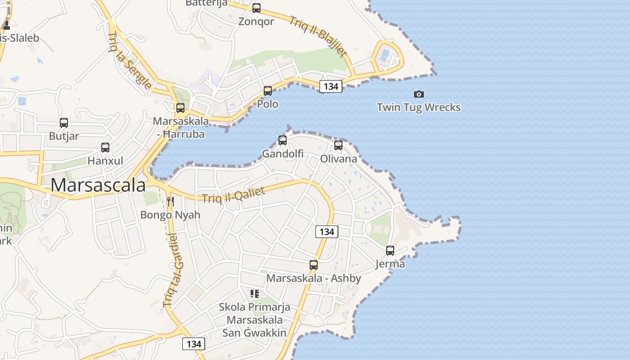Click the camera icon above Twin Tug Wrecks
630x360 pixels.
click(419, 94)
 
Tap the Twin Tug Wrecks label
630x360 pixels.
click(418, 107)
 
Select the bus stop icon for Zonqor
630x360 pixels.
click(256, 8)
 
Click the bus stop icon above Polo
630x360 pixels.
click(268, 91)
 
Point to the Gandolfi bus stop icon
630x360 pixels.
click(283, 140)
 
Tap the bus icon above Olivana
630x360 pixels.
click(338, 145)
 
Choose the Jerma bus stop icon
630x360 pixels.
click(390, 251)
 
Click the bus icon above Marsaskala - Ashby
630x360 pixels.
click(314, 265)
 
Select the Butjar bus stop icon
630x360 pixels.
click(64, 123)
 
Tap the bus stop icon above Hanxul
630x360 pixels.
click(105, 148)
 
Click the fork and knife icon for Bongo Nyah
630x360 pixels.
click(170, 201)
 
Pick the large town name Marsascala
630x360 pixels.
click(98, 185)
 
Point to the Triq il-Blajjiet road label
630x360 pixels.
click(318, 36)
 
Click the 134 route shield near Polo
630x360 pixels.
click(331, 86)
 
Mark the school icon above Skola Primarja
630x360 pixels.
click(255, 294)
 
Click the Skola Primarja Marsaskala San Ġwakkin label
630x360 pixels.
click(254, 320)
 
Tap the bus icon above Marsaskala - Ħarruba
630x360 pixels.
click(180, 108)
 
